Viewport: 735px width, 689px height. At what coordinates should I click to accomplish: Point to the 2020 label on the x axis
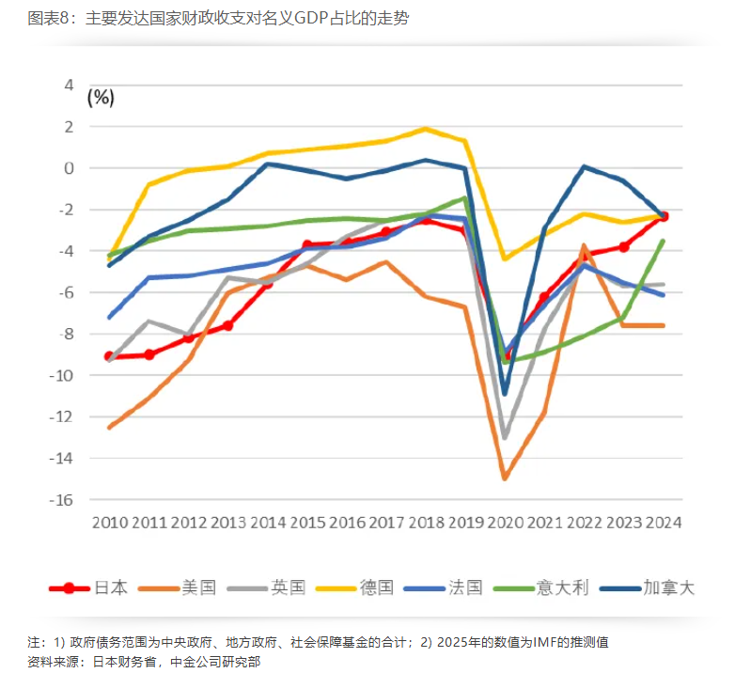[x=505, y=523]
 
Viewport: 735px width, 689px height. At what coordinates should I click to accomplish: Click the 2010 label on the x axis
[x=110, y=523]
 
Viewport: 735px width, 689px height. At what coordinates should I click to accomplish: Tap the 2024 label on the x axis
[x=663, y=523]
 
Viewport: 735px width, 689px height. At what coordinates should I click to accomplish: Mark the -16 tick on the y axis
[x=61, y=500]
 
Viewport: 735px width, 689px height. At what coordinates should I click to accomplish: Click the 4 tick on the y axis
[x=68, y=85]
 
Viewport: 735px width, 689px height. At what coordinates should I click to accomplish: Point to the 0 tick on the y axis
[x=68, y=168]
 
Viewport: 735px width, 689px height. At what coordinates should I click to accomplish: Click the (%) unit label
[x=101, y=97]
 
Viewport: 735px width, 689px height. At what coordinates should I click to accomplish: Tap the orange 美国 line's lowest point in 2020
[x=505, y=478]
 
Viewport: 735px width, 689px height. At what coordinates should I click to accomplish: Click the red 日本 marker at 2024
[x=663, y=216]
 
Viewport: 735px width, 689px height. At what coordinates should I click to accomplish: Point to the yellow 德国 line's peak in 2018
[x=426, y=129]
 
